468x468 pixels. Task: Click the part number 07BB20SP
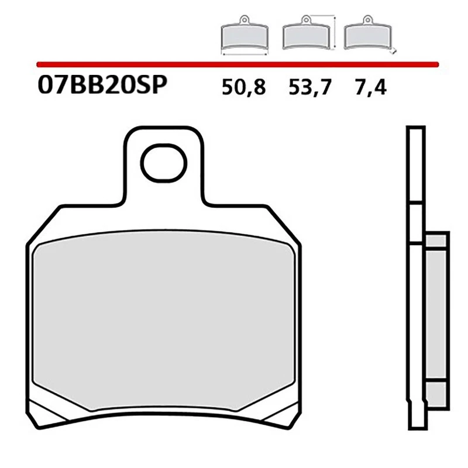(x=102, y=85)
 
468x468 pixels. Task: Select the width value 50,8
(x=244, y=87)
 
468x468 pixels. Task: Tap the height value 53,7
(x=309, y=87)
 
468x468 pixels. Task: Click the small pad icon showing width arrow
(x=245, y=38)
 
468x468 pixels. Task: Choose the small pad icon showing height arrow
(x=307, y=36)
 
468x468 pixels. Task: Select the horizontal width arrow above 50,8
(x=245, y=54)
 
